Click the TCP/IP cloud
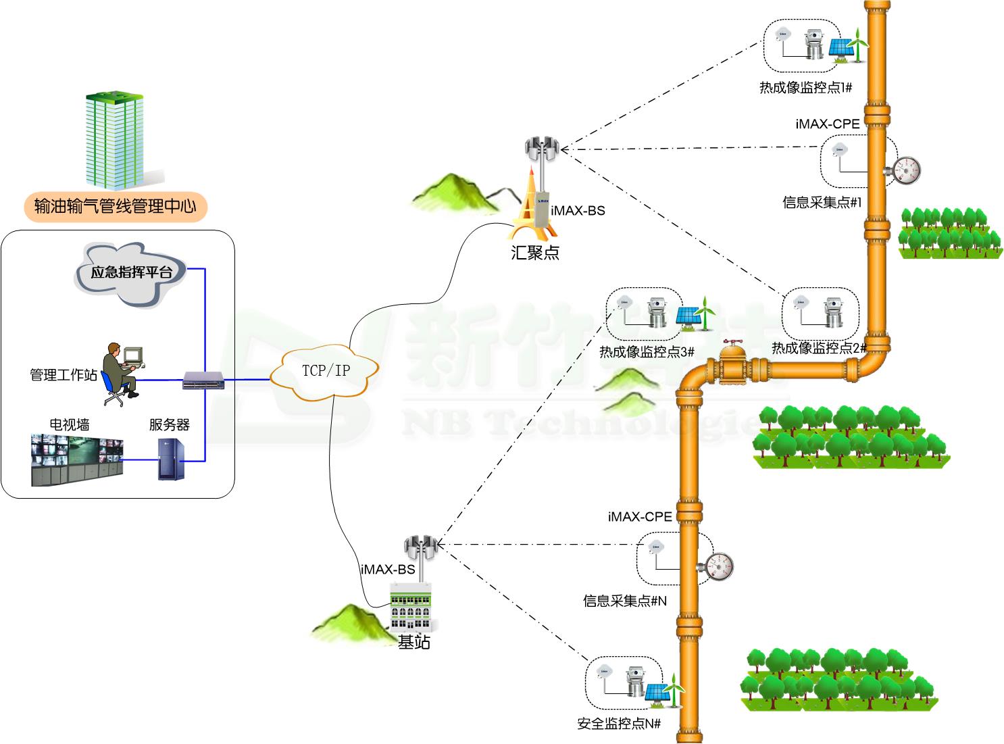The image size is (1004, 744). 325,371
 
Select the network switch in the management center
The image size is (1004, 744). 203,381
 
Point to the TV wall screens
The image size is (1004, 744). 77,460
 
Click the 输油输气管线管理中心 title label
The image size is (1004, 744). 115,206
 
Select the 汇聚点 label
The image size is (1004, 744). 535,253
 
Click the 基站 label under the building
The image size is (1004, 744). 413,642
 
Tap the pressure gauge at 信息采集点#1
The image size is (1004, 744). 906,170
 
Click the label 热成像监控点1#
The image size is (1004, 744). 805,88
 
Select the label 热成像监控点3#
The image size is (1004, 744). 647,352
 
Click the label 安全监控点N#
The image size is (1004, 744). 619,724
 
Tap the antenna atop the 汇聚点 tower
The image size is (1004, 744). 542,148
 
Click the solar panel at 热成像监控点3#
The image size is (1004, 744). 688,316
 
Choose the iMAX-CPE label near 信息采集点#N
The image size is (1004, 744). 640,517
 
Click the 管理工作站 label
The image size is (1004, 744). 64,375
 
